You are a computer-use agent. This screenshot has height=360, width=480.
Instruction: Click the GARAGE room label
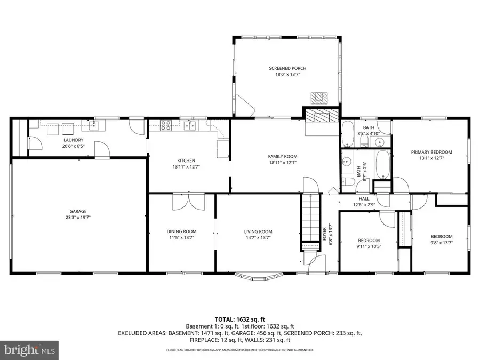tap(77, 211)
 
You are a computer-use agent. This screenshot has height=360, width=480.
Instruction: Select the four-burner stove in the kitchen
tap(166, 126)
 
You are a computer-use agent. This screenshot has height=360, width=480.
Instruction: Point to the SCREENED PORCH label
tap(287, 68)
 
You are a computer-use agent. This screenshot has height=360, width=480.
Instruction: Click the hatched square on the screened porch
tap(319, 98)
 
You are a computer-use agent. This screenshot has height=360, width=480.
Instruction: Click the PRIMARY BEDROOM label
tap(427, 152)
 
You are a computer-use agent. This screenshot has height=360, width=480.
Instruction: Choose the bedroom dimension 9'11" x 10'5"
tap(369, 247)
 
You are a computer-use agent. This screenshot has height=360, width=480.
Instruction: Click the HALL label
tap(364, 198)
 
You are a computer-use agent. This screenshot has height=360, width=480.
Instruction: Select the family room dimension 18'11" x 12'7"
tap(282, 163)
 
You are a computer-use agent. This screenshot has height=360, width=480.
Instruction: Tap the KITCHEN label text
tap(186, 160)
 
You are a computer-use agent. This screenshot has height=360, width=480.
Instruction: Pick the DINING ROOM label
tap(181, 231)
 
